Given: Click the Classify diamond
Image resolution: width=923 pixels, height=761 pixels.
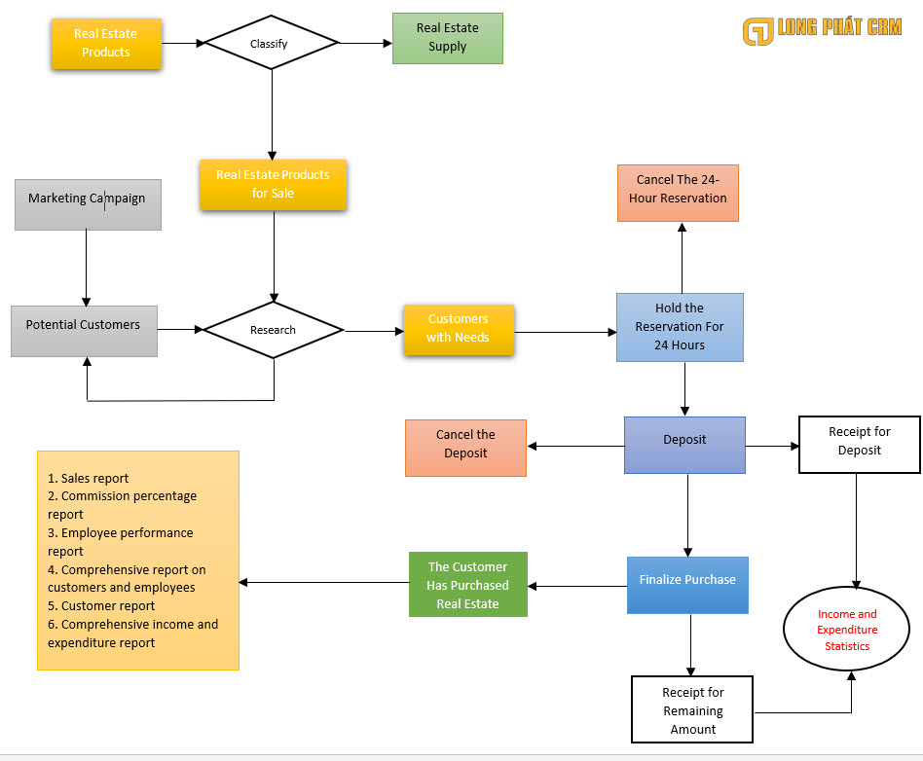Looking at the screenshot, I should click(x=271, y=43).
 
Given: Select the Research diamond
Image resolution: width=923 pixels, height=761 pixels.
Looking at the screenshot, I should click(x=273, y=330).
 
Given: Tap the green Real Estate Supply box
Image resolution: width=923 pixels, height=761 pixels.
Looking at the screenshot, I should click(x=447, y=38).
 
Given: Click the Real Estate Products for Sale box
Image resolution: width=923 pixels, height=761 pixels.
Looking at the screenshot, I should click(x=274, y=185).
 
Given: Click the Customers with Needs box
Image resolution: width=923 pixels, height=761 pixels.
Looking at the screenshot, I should click(x=459, y=329).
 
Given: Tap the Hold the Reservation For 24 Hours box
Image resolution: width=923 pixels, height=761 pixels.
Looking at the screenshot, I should click(x=680, y=327).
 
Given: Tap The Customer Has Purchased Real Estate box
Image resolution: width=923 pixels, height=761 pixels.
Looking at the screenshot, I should click(x=467, y=585).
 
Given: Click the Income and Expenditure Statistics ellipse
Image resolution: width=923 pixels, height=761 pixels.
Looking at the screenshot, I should click(x=847, y=630).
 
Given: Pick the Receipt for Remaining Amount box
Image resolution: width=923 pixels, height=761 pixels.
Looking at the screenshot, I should click(x=692, y=710).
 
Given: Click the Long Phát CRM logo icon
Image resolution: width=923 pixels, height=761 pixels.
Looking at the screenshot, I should click(x=757, y=32).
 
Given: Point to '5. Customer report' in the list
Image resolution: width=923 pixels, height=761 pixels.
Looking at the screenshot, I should click(x=101, y=605).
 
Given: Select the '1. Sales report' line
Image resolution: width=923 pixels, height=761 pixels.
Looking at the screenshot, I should click(x=89, y=478).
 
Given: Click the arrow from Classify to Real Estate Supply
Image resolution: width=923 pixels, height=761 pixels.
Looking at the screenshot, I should click(x=365, y=43).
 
